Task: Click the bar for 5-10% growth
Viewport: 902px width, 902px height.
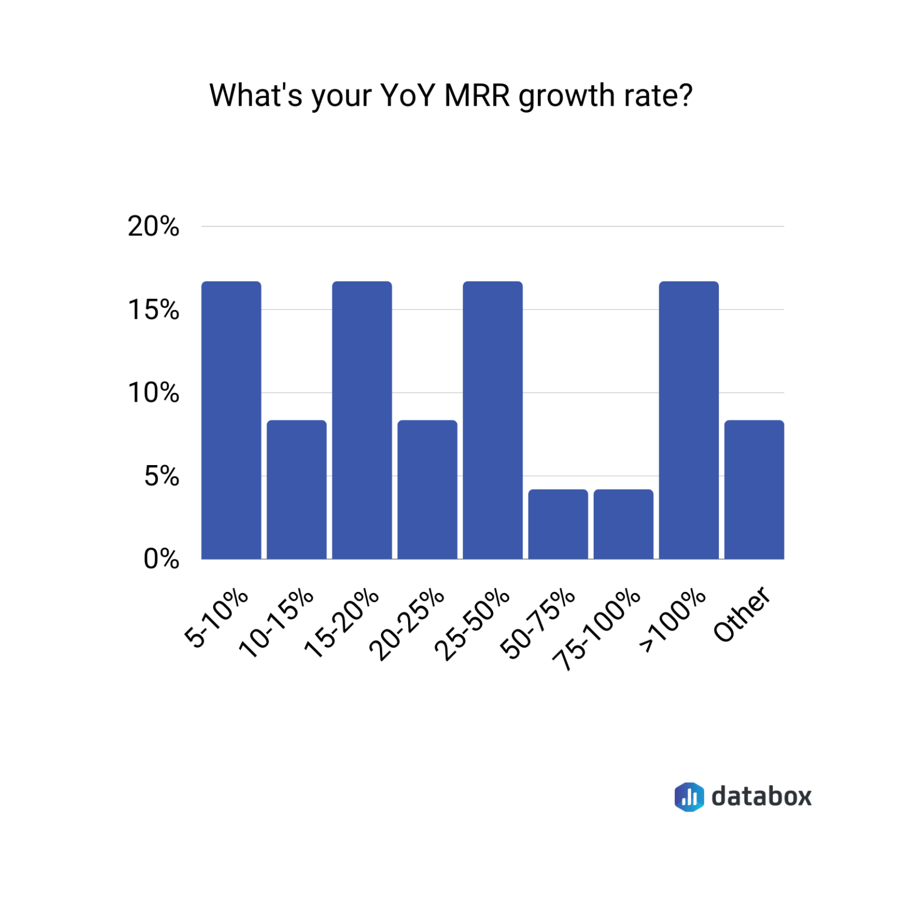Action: tap(231, 420)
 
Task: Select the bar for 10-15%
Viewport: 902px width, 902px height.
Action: tap(297, 489)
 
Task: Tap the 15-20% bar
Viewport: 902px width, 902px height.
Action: tap(362, 420)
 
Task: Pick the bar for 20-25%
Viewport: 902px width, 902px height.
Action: tap(427, 489)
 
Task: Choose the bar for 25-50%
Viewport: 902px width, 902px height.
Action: tap(492, 420)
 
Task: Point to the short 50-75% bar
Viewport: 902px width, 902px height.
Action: tap(558, 524)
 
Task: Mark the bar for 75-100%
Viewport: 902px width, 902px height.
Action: tap(623, 524)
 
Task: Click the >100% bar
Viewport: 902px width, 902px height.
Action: tap(688, 420)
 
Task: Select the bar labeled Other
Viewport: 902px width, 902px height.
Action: tap(754, 489)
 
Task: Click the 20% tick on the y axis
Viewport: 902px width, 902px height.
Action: tap(153, 227)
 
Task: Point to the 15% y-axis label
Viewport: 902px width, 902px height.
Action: tap(153, 310)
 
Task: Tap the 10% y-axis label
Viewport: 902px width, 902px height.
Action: tap(153, 393)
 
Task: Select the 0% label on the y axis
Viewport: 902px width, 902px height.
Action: tap(161, 559)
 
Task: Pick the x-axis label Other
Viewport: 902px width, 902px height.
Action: tap(742, 614)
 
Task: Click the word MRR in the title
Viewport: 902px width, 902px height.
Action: tap(477, 95)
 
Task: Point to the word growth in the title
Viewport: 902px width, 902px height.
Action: tap(566, 96)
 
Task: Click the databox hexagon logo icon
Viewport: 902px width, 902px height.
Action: tap(689, 797)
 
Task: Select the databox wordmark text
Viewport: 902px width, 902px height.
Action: tap(762, 797)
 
